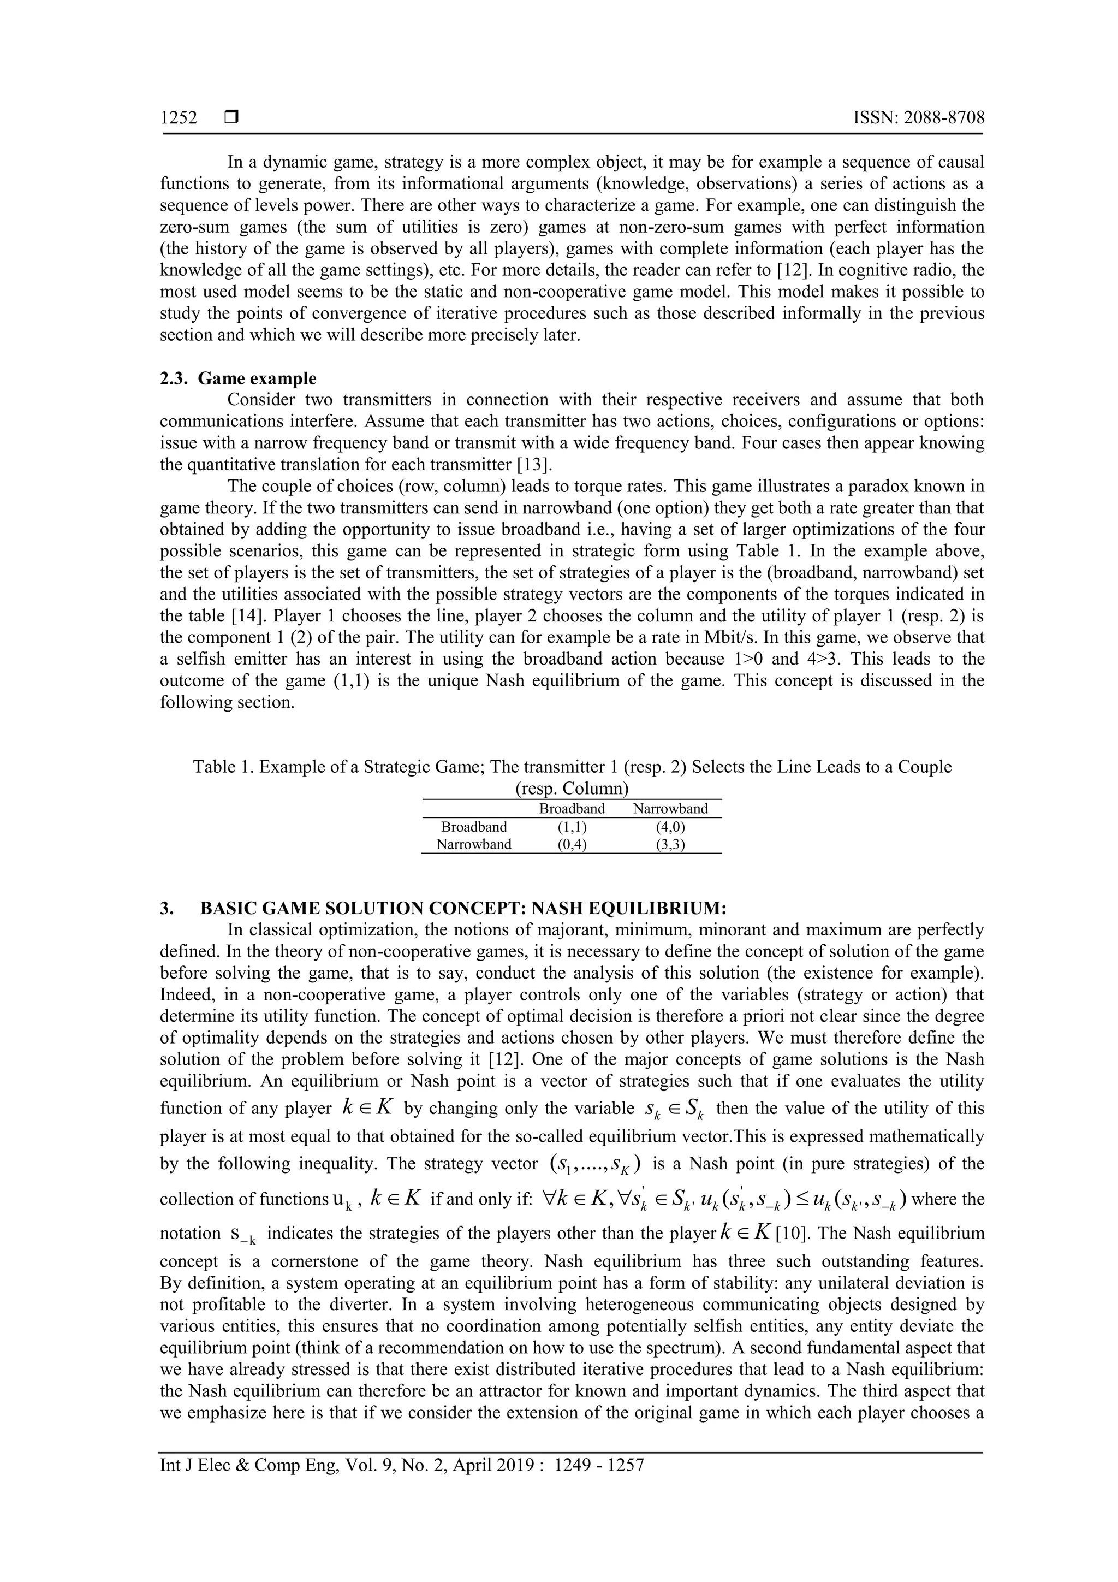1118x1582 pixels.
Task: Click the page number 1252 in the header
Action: tap(179, 118)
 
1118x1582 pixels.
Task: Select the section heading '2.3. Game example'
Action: tap(239, 378)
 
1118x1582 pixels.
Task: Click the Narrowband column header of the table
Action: tap(670, 809)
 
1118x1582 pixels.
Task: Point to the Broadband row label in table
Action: tap(474, 827)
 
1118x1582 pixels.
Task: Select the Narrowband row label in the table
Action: tap(474, 845)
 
